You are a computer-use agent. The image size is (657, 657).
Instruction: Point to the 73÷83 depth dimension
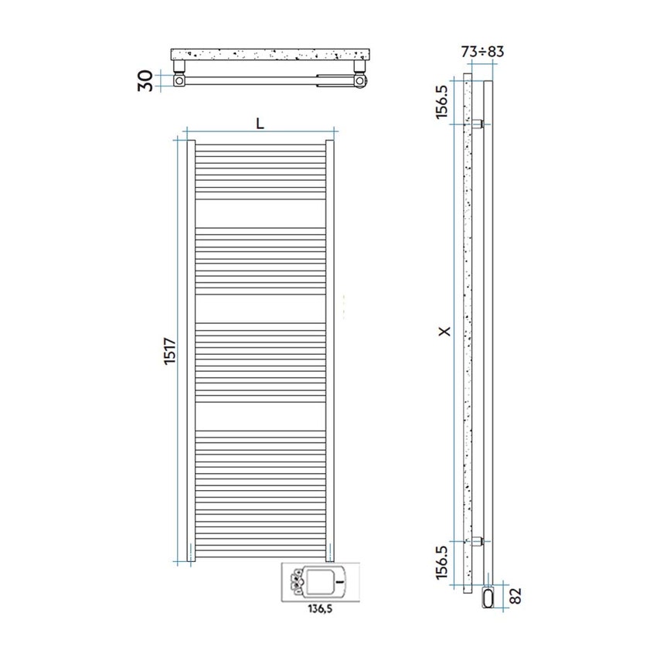tap(483, 52)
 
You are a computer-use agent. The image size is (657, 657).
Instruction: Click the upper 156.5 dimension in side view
tap(442, 100)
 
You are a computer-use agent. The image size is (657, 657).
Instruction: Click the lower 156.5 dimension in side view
tap(442, 563)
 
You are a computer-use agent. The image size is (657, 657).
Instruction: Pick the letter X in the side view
tap(443, 332)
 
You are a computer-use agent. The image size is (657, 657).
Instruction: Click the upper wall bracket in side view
tap(478, 124)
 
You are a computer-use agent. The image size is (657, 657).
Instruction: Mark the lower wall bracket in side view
tap(478, 540)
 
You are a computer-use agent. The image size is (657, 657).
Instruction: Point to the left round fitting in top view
tap(179, 80)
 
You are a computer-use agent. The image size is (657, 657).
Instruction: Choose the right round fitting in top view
tap(359, 80)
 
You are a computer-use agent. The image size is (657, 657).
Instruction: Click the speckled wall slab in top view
tap(271, 55)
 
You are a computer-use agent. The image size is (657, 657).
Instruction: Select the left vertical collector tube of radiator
tap(191, 348)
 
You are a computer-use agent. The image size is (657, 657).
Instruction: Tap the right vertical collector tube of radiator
tap(329, 348)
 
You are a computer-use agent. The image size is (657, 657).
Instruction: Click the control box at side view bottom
tap(488, 597)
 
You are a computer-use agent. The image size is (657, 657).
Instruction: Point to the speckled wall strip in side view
tap(466, 332)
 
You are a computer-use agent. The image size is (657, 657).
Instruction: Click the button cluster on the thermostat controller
tap(295, 580)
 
